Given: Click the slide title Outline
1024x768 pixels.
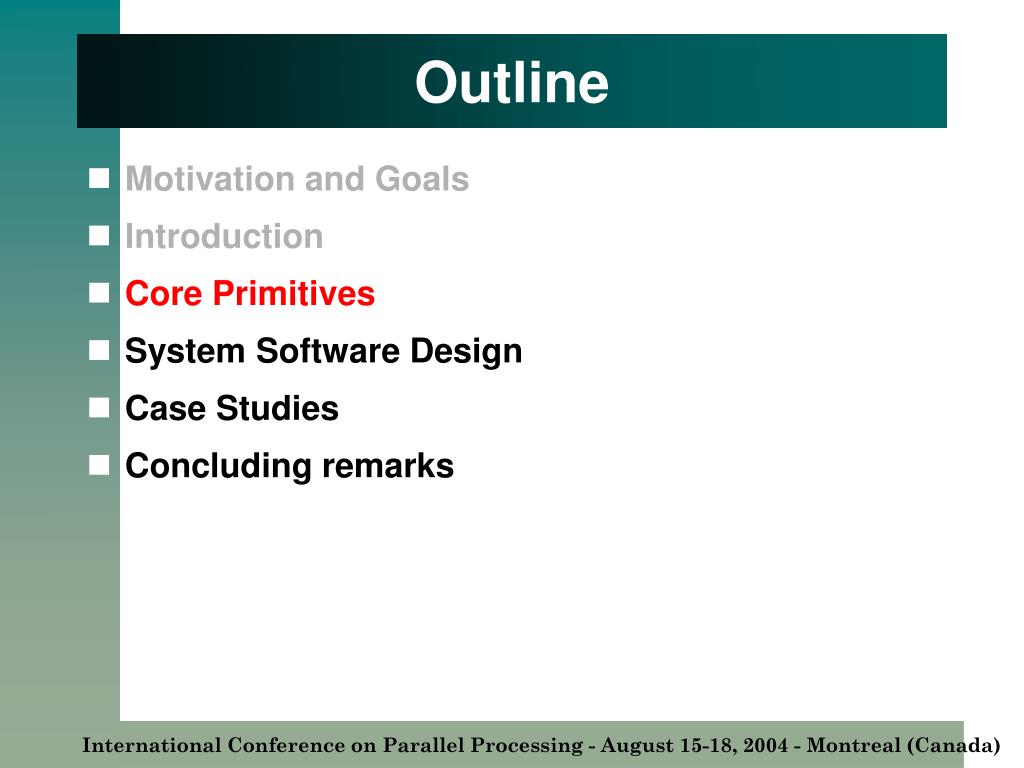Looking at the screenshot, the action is [x=512, y=82].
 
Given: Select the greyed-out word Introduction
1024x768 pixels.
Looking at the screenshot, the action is [x=224, y=236].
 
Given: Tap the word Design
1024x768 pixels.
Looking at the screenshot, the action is [x=466, y=351].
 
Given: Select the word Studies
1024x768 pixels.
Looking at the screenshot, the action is [x=278, y=408].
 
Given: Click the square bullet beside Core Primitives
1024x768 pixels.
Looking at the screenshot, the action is [x=99, y=293].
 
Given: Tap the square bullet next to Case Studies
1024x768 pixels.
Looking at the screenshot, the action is [x=99, y=408].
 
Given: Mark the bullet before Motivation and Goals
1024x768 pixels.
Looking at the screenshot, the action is [x=99, y=178].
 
